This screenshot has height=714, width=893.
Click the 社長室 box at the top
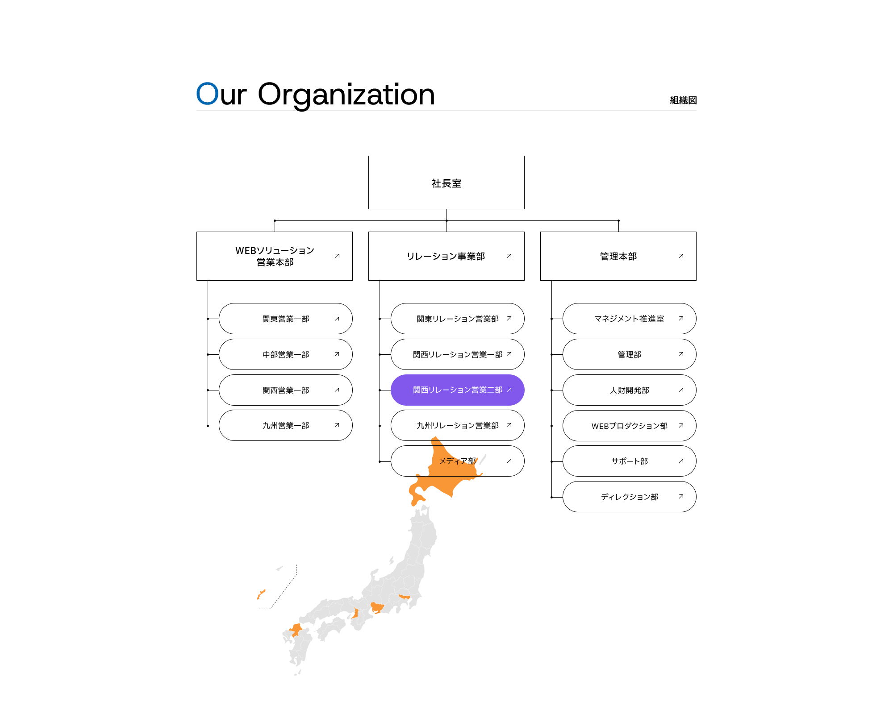[446, 183]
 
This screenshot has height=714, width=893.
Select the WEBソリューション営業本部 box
[275, 256]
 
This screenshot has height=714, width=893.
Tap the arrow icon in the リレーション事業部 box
[509, 256]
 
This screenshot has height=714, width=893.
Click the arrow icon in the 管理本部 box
[681, 256]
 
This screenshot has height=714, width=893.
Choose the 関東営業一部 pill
[286, 319]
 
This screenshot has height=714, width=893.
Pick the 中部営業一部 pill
[286, 354]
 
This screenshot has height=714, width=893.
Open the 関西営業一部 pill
[286, 390]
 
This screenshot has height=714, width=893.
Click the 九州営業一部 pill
[286, 425]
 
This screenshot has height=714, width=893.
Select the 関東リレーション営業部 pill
[458, 319]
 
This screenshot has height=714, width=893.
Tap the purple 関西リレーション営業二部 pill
[458, 390]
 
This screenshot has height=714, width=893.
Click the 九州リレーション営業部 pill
[458, 425]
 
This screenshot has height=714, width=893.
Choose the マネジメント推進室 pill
[630, 319]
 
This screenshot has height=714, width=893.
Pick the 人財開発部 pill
[630, 390]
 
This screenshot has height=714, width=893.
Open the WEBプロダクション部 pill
[630, 426]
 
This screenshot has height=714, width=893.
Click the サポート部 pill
[630, 461]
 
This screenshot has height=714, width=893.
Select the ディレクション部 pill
[630, 497]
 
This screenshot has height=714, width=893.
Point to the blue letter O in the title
[208, 94]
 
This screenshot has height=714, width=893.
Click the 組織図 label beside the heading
[683, 100]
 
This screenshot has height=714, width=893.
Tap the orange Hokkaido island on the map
[444, 473]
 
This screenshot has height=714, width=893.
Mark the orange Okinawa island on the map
[261, 594]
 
